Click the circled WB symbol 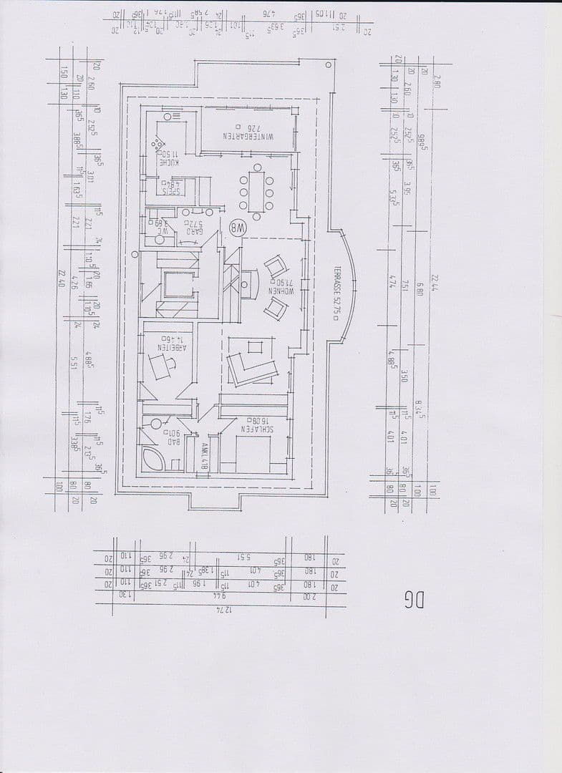pos(236,229)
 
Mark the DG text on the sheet pos(414,599)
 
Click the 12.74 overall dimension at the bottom pos(225,609)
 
